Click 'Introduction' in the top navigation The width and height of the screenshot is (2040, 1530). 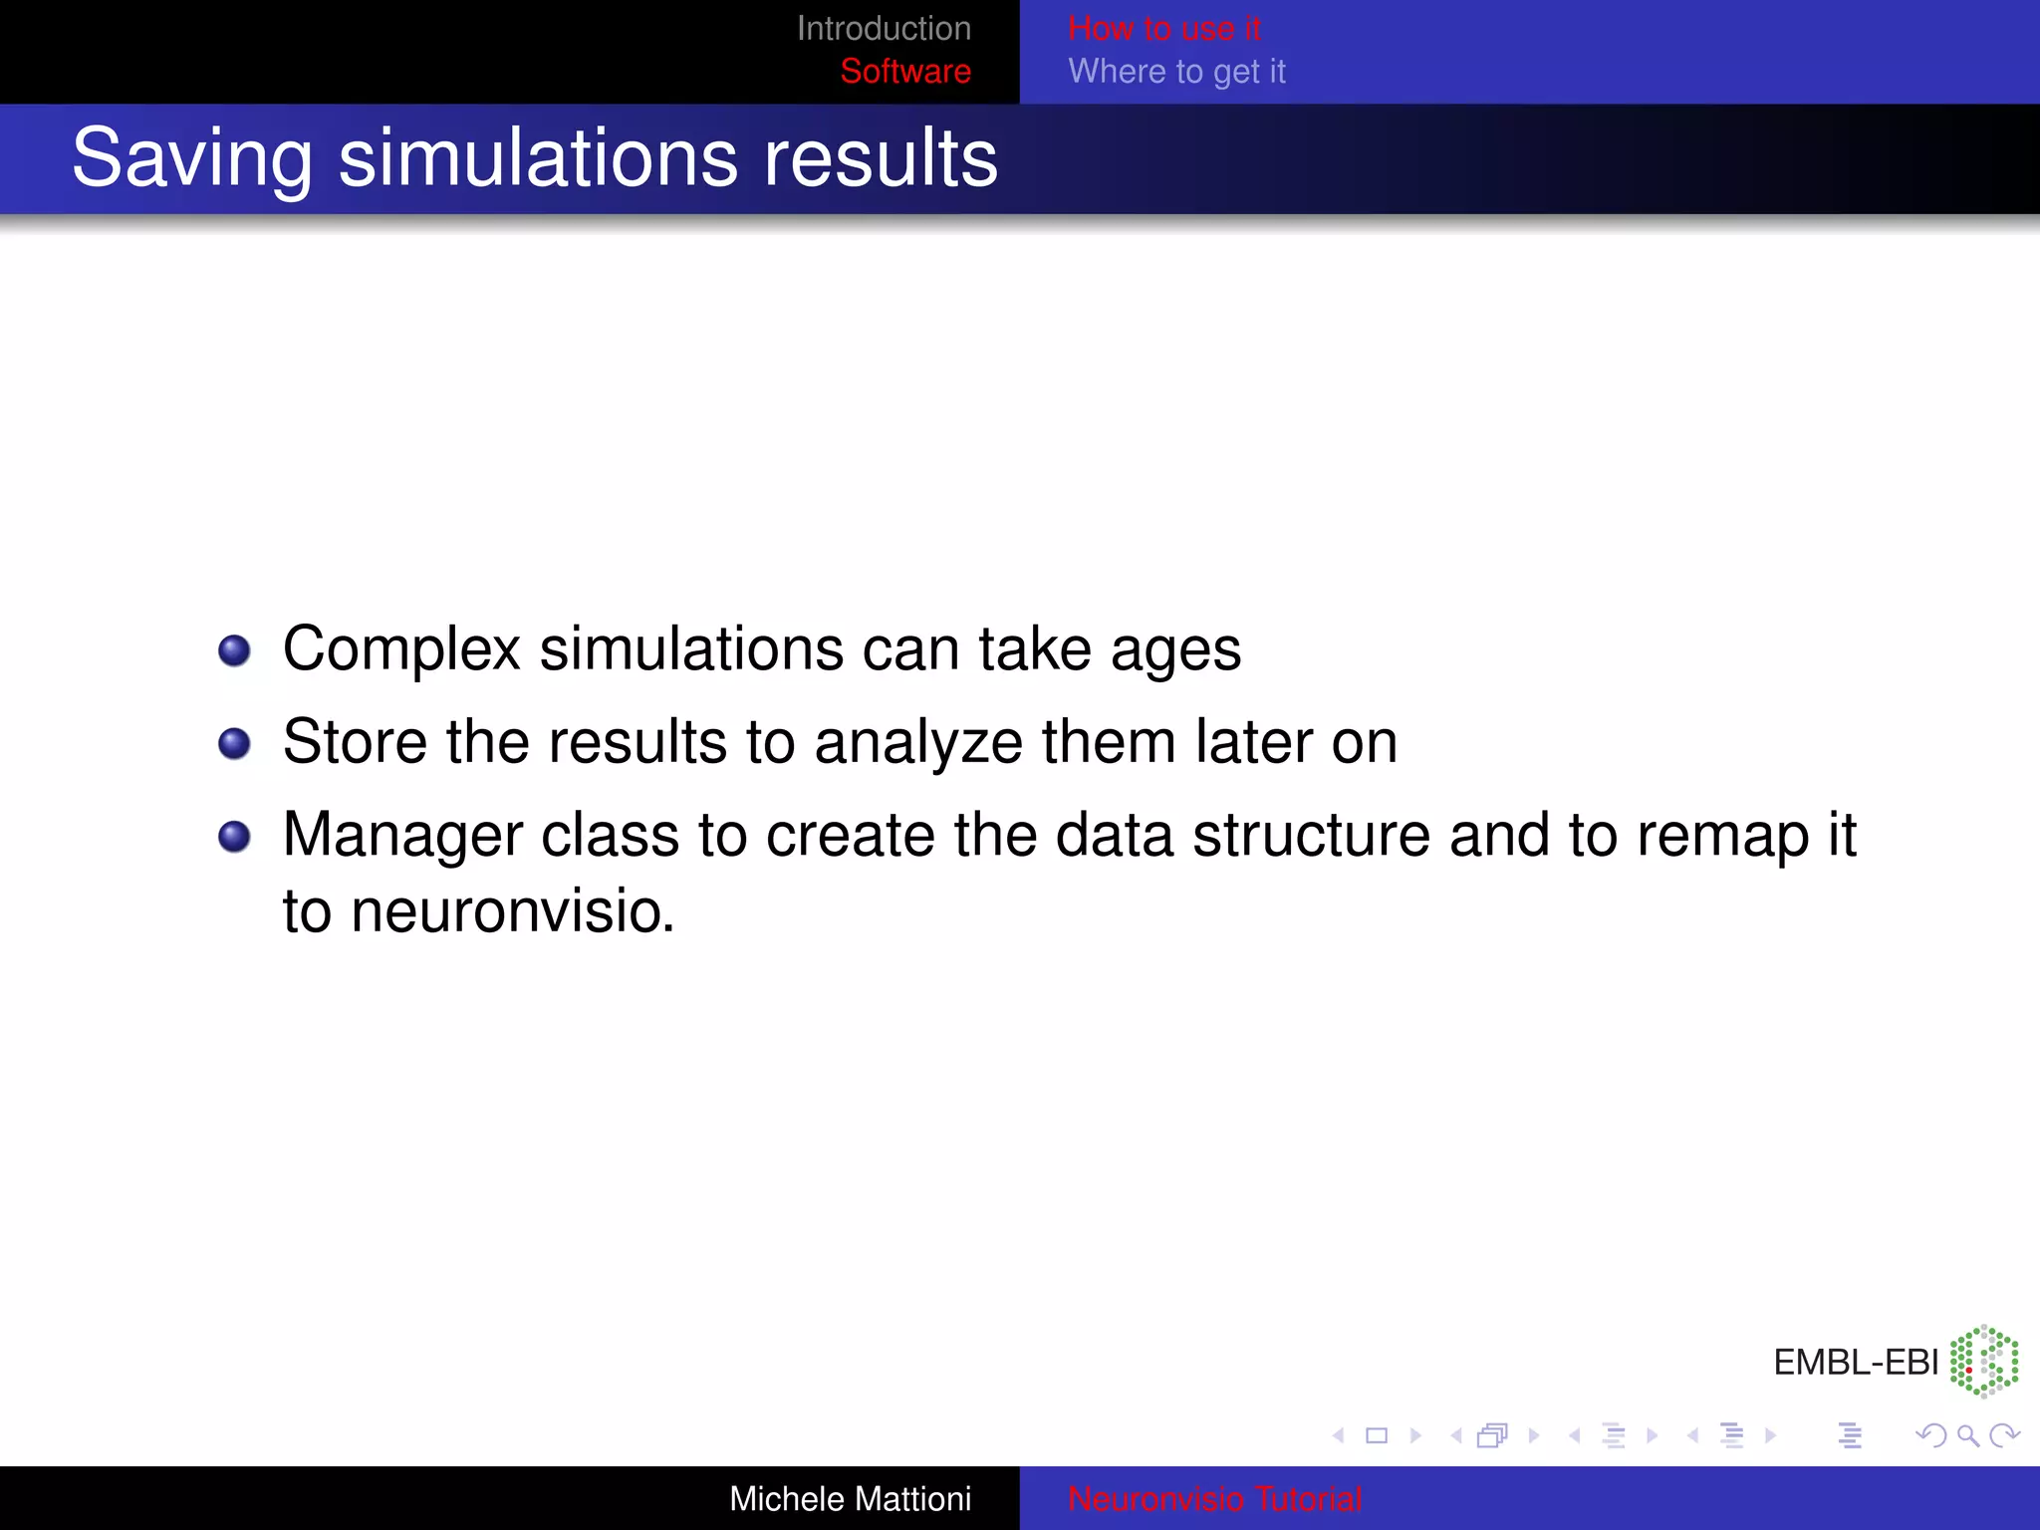coord(884,29)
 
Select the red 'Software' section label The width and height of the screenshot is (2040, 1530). coord(904,72)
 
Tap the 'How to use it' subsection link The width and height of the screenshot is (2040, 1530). coord(1163,29)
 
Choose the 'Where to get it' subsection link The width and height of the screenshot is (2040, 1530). coord(1176,72)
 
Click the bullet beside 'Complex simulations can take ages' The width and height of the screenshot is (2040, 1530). coord(234,651)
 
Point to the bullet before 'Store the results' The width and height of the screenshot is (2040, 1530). coord(234,744)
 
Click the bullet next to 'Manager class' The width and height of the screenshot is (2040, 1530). coord(234,837)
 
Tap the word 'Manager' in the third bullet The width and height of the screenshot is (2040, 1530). coord(402,835)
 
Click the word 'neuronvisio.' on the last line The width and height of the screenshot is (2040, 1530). coord(513,911)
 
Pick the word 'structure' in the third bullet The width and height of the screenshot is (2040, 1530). coord(1311,835)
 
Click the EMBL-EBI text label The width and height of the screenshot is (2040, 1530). coord(1855,1362)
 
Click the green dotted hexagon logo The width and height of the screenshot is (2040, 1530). coord(1983,1361)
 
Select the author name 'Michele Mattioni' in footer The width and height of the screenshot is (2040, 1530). coord(850,1499)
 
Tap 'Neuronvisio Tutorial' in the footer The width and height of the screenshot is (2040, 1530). coord(1214,1499)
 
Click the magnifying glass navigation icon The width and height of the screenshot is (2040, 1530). coord(1967,1435)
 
